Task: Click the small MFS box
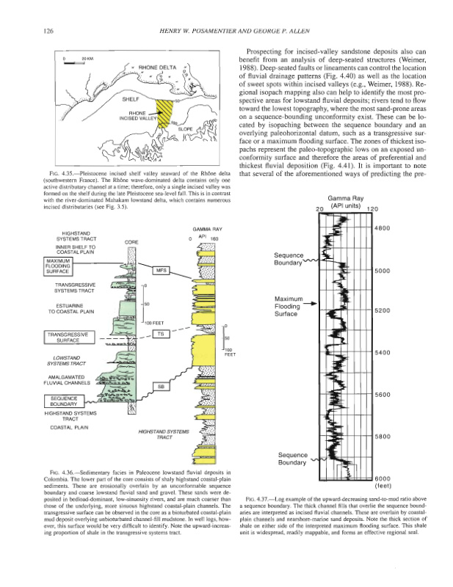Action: click(161, 270)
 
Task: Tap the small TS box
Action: click(161, 334)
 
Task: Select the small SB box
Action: click(161, 386)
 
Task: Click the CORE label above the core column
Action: click(131, 241)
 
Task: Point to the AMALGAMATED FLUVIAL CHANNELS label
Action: click(70, 379)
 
